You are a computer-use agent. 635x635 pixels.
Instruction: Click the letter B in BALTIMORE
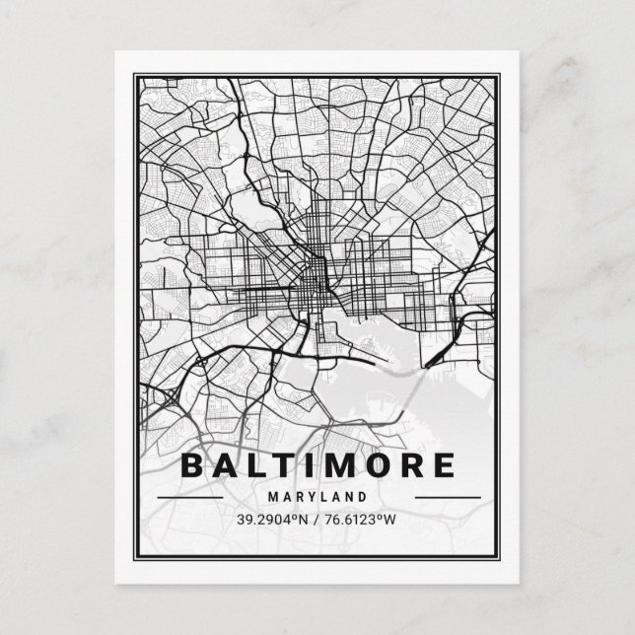tap(195, 465)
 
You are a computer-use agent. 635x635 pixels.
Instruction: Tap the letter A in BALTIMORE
tap(230, 465)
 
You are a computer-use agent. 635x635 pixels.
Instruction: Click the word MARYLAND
tap(317, 497)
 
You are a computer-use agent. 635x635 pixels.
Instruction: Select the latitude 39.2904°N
tap(273, 519)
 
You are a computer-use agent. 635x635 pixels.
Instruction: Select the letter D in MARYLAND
tap(362, 497)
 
